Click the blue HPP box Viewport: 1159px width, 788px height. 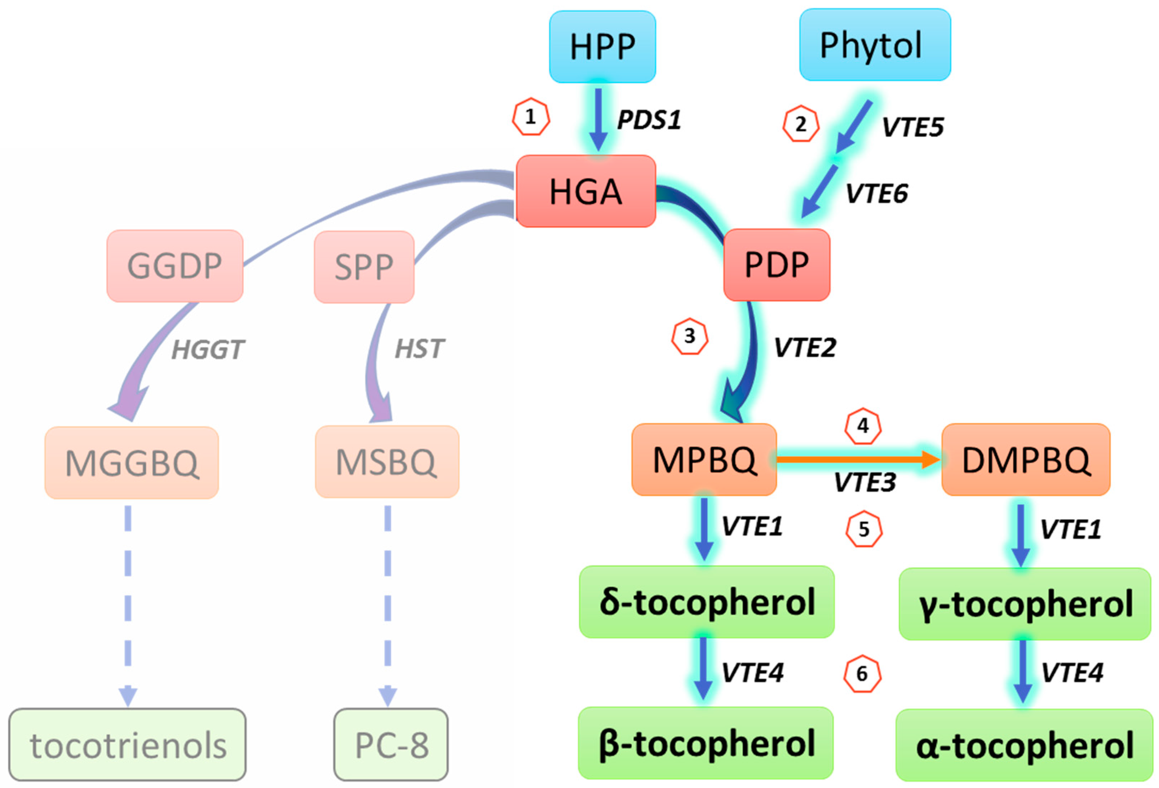(602, 46)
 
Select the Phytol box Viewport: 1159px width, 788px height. (874, 45)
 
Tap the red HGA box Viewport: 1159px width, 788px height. (585, 191)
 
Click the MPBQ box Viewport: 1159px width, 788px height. (704, 459)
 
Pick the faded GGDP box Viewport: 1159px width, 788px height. (175, 266)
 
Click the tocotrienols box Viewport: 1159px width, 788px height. (127, 745)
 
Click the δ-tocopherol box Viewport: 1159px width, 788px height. (706, 602)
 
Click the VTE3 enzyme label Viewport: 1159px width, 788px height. (865, 482)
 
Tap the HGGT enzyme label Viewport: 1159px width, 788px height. (208, 349)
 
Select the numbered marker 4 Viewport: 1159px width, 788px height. (863, 426)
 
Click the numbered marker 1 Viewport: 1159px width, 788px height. (531, 117)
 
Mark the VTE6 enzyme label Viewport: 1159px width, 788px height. (876, 194)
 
